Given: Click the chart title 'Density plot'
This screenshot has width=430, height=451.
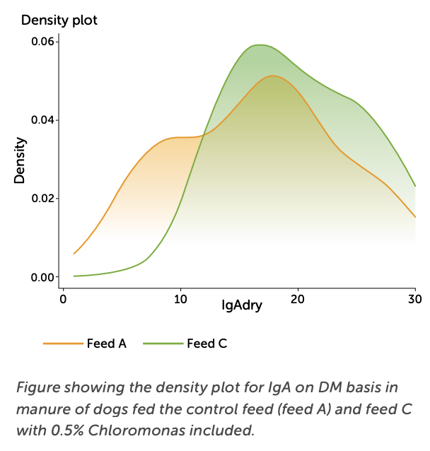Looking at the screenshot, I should click(59, 20).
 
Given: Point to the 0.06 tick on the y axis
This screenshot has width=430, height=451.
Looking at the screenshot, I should click(42, 42).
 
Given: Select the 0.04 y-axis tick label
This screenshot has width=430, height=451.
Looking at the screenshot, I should click(42, 120).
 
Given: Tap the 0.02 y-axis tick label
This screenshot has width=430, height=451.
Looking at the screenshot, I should click(42, 199).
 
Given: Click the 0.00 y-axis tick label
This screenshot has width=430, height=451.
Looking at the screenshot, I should click(42, 277).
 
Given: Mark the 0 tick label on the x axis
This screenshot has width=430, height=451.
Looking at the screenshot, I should click(64, 298).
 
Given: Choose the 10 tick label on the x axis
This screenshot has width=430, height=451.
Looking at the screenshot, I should click(180, 298).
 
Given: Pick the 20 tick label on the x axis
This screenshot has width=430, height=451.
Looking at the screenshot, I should click(298, 298).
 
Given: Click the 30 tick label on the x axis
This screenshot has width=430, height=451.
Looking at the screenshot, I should click(414, 298).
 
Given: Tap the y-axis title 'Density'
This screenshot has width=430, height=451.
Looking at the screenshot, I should click(21, 160).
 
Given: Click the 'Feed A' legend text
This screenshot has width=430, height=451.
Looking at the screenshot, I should click(107, 344).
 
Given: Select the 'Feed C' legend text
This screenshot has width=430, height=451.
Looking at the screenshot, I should click(207, 344).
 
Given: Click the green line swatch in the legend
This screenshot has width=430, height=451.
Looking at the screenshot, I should click(163, 344).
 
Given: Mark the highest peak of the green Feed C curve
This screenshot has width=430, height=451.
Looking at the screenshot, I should click(260, 45).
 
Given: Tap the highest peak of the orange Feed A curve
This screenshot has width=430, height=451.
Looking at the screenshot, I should click(273, 76).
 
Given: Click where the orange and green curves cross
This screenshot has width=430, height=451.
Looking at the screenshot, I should click(202, 135).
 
